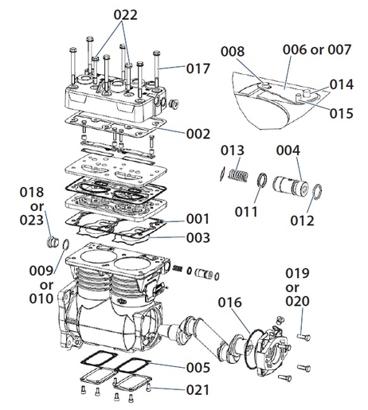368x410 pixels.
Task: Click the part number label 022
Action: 124,14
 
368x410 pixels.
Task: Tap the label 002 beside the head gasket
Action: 198,134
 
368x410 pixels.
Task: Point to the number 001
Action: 198,218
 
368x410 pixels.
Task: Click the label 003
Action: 198,237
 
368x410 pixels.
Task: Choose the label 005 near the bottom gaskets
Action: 198,368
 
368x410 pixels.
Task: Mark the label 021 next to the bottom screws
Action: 198,390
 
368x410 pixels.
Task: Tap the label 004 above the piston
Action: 288,150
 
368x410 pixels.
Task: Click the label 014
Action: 341,83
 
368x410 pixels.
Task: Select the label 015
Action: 341,113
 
